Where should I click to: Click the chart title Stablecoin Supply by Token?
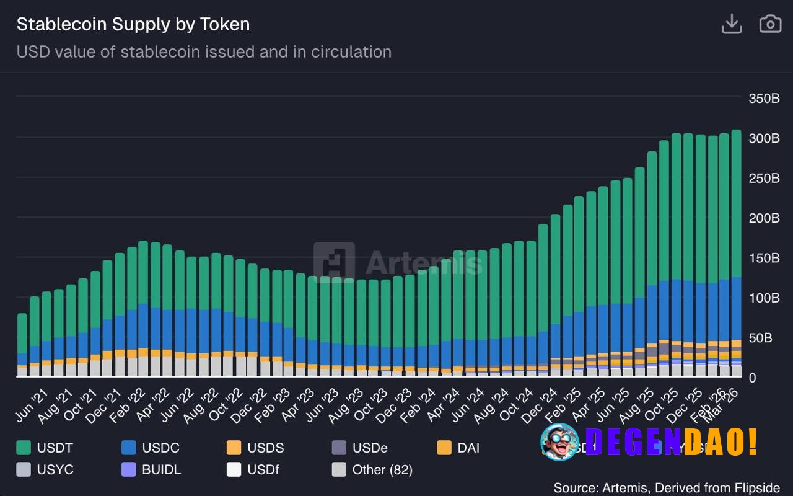coord(133,24)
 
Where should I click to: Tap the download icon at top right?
coord(732,24)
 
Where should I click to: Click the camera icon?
coord(770,24)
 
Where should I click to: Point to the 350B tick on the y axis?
coord(764,98)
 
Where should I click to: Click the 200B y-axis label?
coord(764,218)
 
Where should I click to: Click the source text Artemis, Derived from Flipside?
coord(667,488)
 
